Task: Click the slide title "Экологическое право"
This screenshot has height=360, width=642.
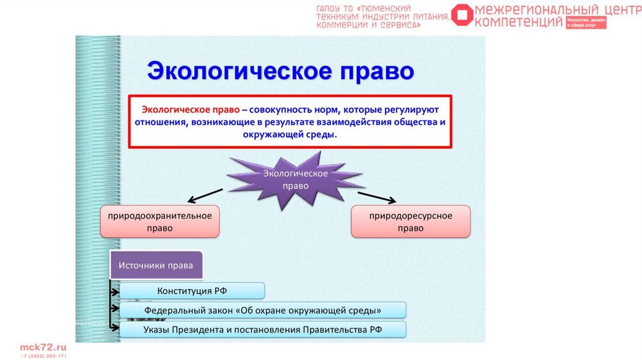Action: tap(280, 70)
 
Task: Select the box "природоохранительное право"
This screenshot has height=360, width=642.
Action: tap(160, 221)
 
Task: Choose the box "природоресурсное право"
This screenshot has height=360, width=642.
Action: tap(411, 221)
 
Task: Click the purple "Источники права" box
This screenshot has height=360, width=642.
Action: tap(157, 265)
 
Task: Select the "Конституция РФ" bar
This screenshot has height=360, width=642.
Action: tap(192, 290)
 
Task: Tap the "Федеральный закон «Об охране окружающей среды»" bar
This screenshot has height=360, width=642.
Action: tap(263, 310)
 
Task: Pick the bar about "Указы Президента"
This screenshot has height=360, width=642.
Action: tap(263, 329)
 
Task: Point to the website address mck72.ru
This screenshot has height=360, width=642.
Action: tap(43, 347)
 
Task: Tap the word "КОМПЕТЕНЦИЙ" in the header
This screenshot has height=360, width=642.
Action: tap(519, 23)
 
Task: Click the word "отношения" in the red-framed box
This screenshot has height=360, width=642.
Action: tap(158, 122)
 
